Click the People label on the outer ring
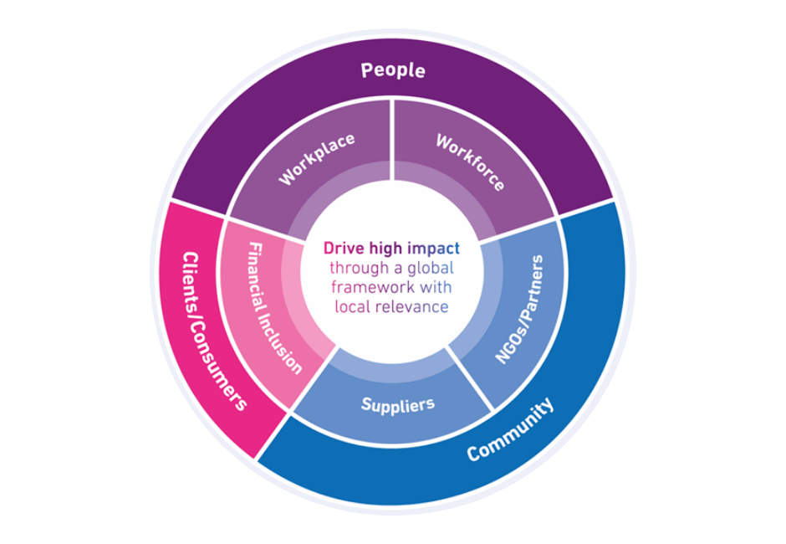click(x=392, y=70)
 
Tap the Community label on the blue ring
click(x=510, y=429)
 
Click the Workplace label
click(x=317, y=158)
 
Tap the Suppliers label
click(x=398, y=405)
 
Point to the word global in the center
click(x=430, y=268)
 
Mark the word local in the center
click(x=351, y=306)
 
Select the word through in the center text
click(x=355, y=268)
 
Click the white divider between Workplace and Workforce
click(x=393, y=155)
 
